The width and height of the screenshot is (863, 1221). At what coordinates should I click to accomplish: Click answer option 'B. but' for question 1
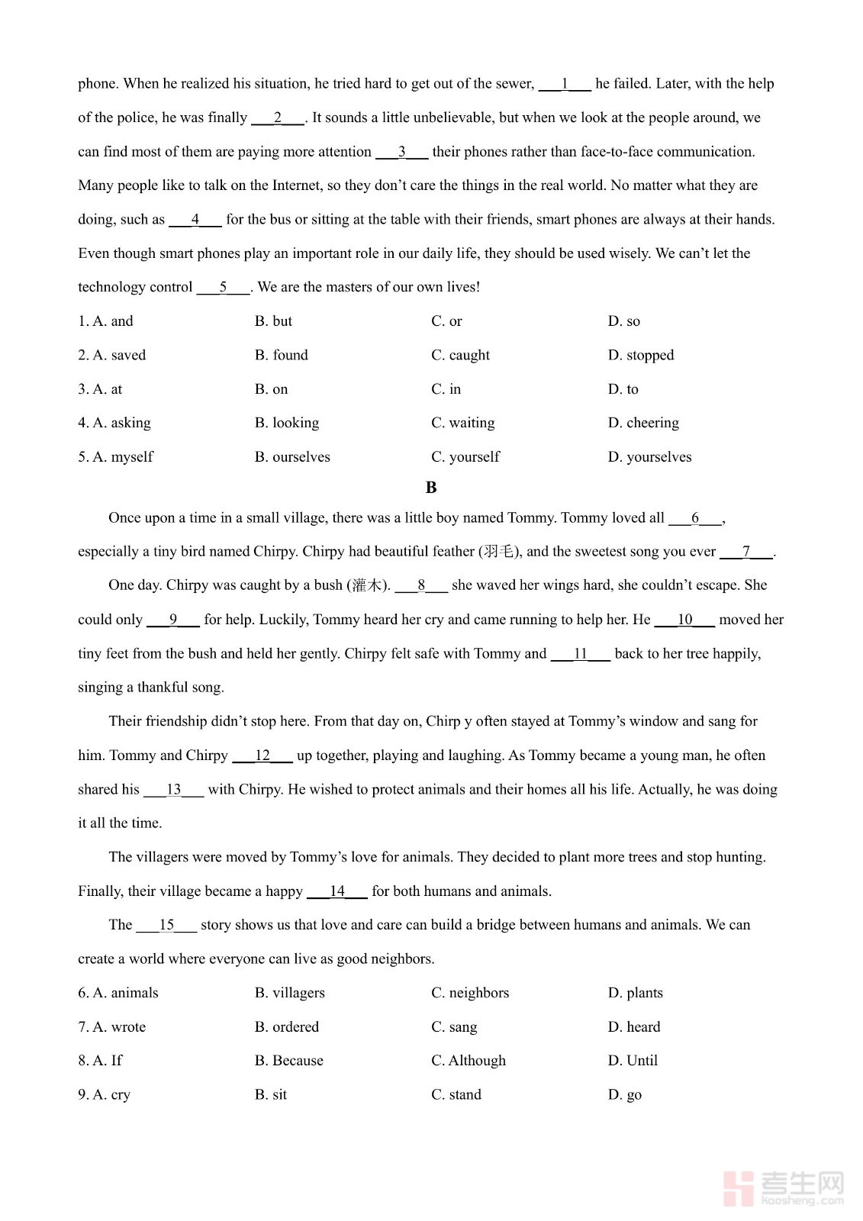[273, 321]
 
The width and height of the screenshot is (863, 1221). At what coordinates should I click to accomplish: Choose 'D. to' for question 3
[623, 389]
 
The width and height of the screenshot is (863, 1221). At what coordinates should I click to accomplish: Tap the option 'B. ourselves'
[292, 457]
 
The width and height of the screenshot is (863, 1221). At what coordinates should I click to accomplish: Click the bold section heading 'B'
[431, 488]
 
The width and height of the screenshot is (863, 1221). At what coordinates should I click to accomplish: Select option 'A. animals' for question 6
[118, 993]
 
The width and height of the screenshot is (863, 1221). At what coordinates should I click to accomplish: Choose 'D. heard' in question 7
[633, 1027]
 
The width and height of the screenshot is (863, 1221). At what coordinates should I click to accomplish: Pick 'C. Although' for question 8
[468, 1061]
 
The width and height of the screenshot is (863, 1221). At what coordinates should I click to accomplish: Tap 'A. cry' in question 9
[104, 1095]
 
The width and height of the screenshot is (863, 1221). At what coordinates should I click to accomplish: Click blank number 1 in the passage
[565, 84]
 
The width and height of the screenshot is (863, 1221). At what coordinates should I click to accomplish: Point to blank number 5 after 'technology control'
[223, 288]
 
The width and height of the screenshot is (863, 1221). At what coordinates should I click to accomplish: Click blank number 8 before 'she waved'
[421, 585]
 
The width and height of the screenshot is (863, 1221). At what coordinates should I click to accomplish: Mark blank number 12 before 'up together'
[262, 755]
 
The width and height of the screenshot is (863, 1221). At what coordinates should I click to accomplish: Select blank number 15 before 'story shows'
[166, 925]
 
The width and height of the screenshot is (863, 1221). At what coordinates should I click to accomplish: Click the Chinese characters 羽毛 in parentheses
[500, 552]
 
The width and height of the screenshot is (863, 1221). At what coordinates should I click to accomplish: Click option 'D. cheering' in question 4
[642, 423]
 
